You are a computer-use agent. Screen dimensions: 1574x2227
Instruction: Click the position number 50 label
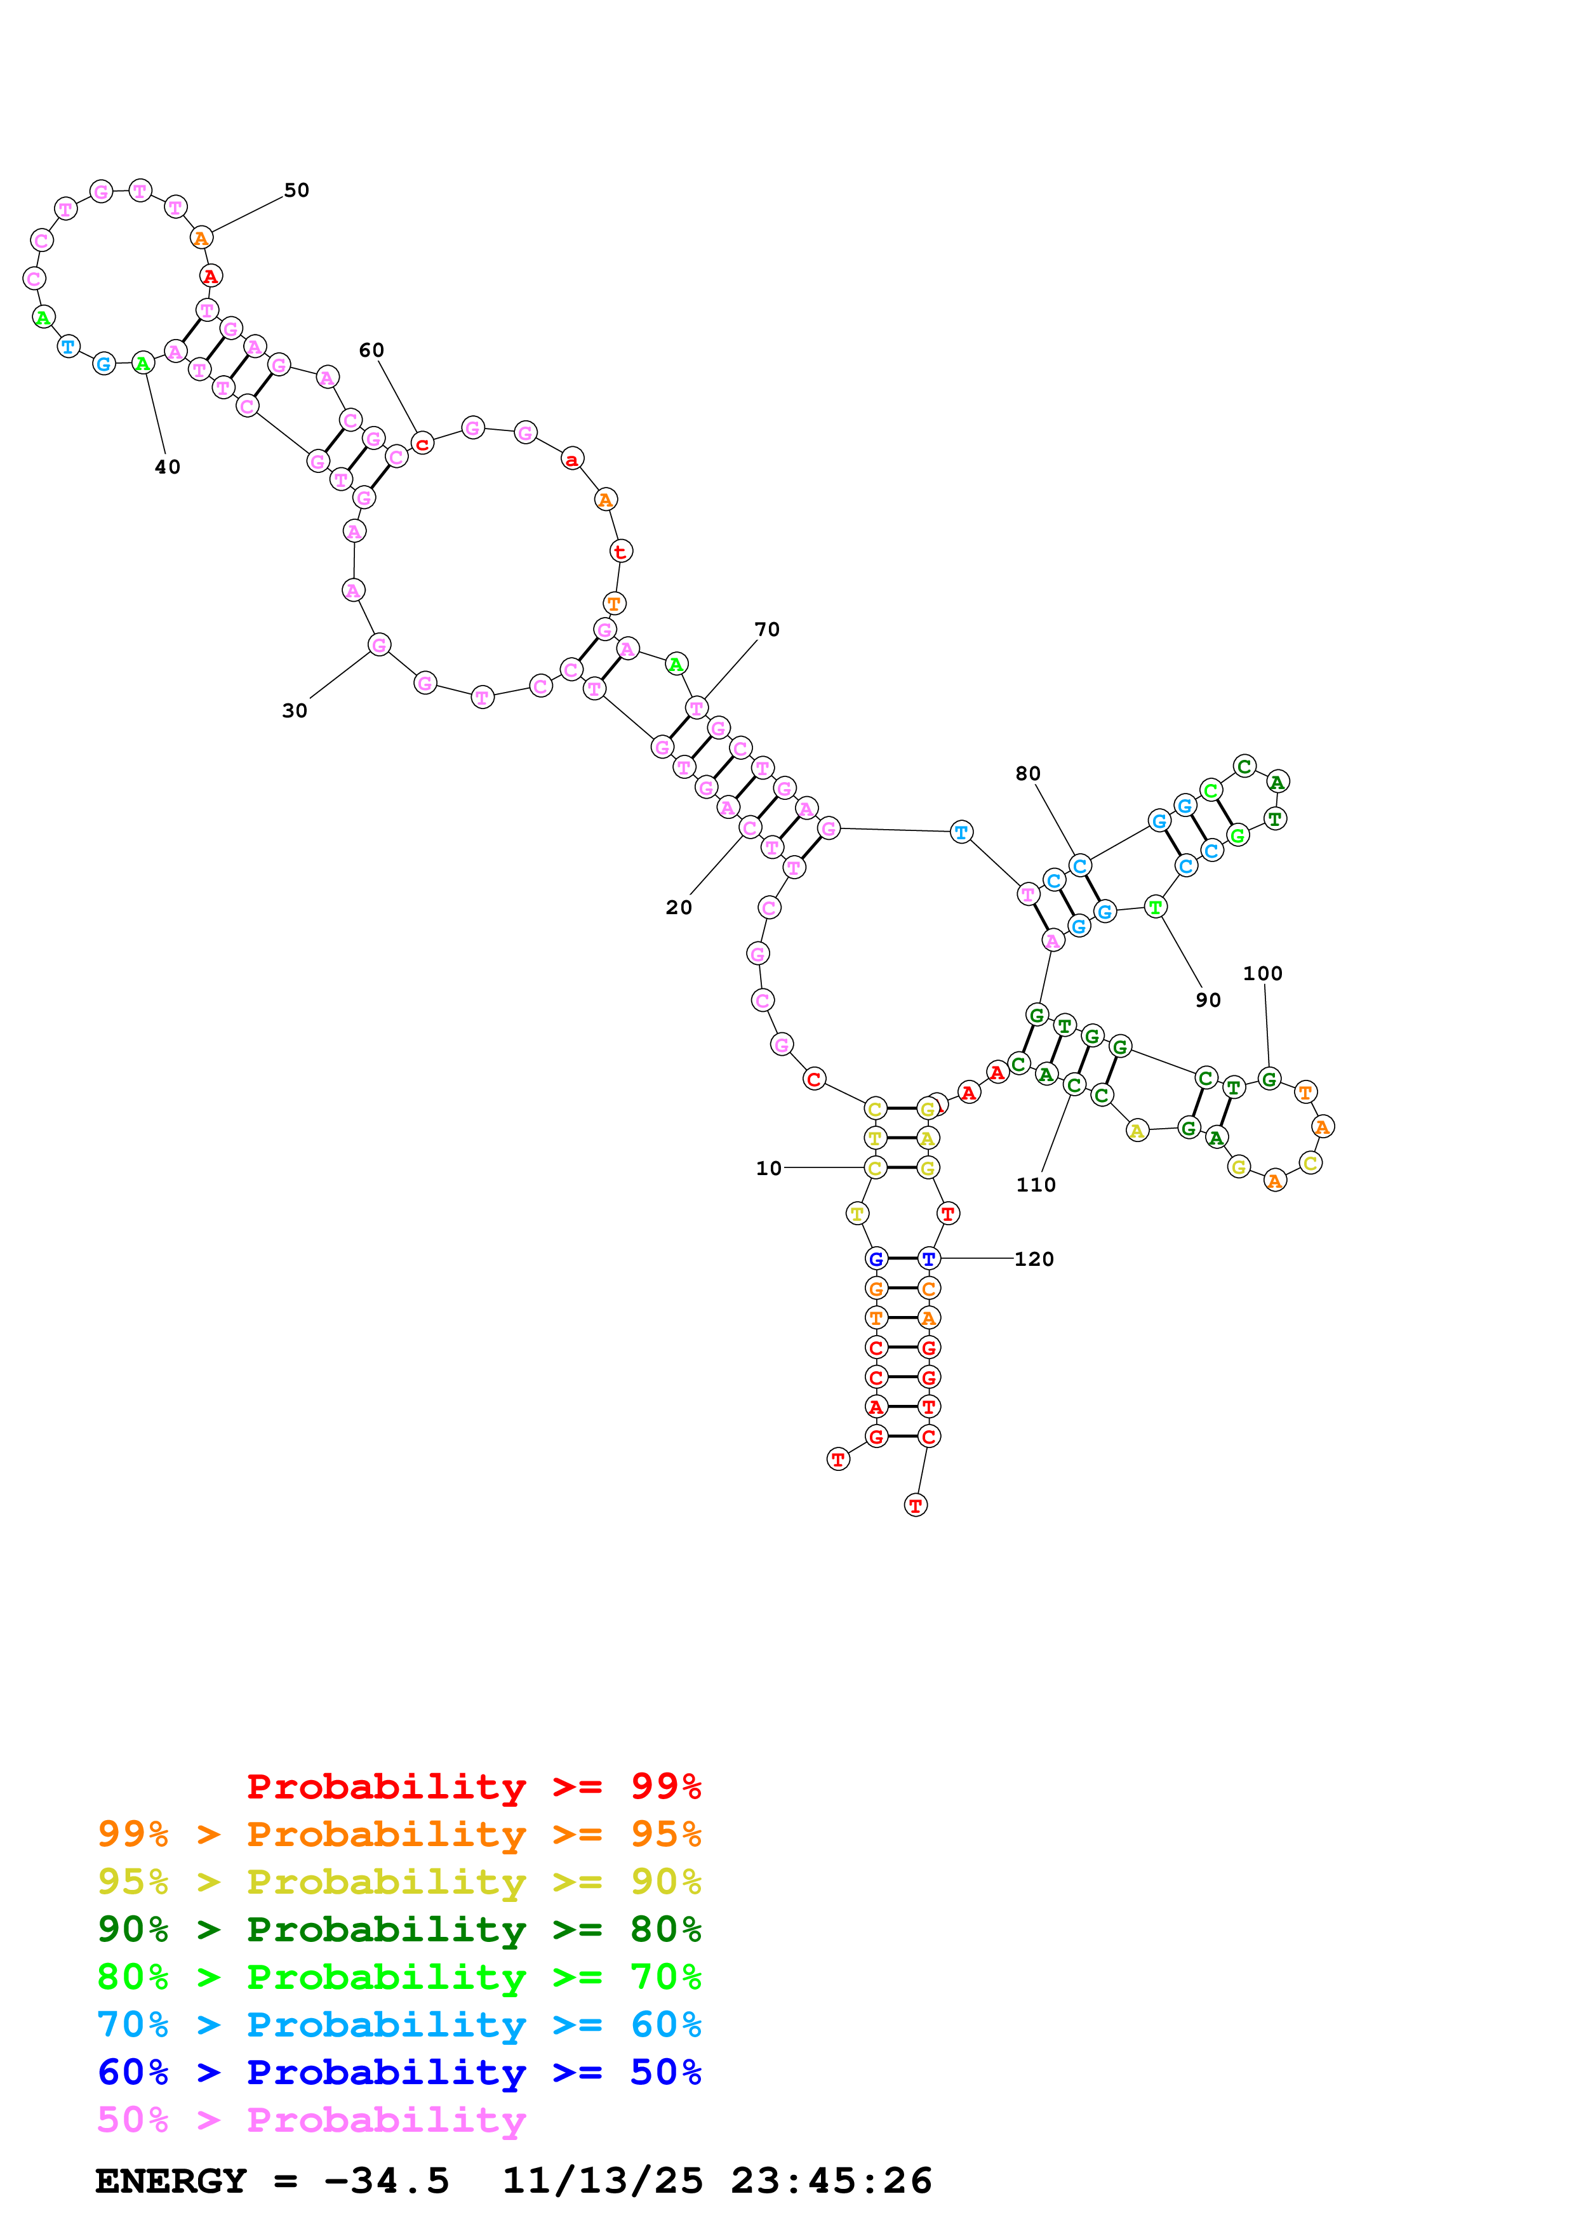[x=297, y=190]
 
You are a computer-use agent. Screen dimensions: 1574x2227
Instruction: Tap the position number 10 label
[x=768, y=1168]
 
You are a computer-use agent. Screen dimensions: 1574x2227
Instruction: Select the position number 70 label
[x=767, y=630]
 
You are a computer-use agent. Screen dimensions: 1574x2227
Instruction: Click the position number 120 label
[x=1034, y=1259]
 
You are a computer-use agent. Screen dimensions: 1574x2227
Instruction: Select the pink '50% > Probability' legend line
[x=311, y=2119]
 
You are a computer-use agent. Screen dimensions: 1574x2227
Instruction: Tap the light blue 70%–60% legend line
[x=399, y=2024]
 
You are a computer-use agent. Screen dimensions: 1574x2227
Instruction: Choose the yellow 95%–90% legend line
[x=399, y=1882]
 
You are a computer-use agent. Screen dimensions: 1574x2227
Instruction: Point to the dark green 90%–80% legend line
[x=399, y=1929]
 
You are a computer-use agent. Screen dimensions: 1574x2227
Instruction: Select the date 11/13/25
[x=603, y=2181]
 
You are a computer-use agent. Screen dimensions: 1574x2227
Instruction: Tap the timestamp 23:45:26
[x=831, y=2181]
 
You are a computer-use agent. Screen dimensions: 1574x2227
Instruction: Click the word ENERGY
[x=171, y=2181]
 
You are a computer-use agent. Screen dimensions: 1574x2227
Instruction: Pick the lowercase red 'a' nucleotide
[x=572, y=459]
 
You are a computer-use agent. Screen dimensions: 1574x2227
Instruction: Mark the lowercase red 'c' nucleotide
[x=422, y=444]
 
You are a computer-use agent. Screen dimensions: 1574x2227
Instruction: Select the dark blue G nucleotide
[x=876, y=1259]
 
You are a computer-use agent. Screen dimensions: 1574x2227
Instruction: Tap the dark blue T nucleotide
[x=929, y=1259]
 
